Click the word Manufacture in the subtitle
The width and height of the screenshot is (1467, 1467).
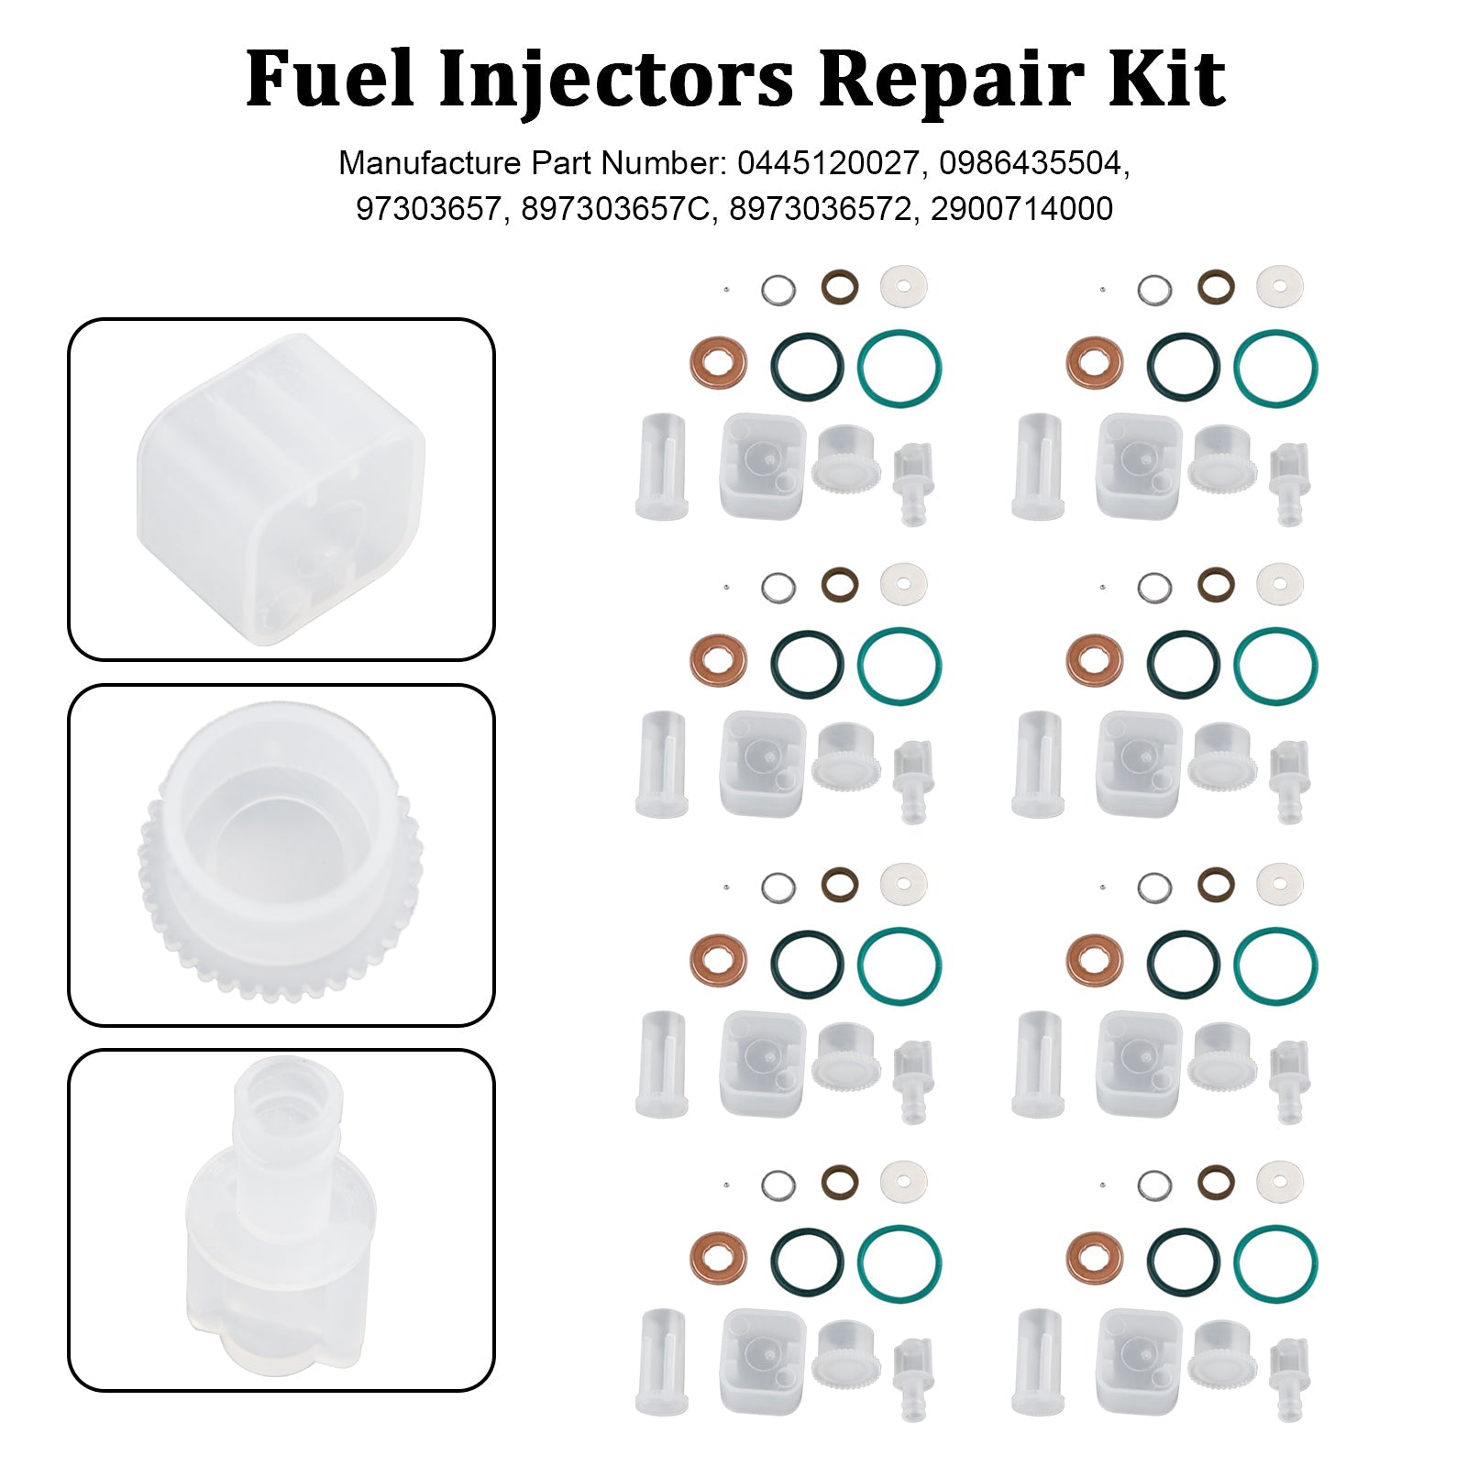[x=429, y=163]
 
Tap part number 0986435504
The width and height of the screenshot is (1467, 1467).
[x=1032, y=163]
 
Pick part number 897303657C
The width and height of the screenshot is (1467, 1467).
[x=616, y=209]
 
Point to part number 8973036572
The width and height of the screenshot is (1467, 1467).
[x=822, y=209]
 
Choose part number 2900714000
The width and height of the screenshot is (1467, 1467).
[x=1021, y=209]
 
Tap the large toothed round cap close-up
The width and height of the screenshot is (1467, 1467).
[x=281, y=855]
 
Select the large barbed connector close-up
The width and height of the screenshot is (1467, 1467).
[x=281, y=1219]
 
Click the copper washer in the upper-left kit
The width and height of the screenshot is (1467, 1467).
[x=718, y=363]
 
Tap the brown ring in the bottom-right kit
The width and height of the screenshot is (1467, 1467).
[x=1216, y=1182]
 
